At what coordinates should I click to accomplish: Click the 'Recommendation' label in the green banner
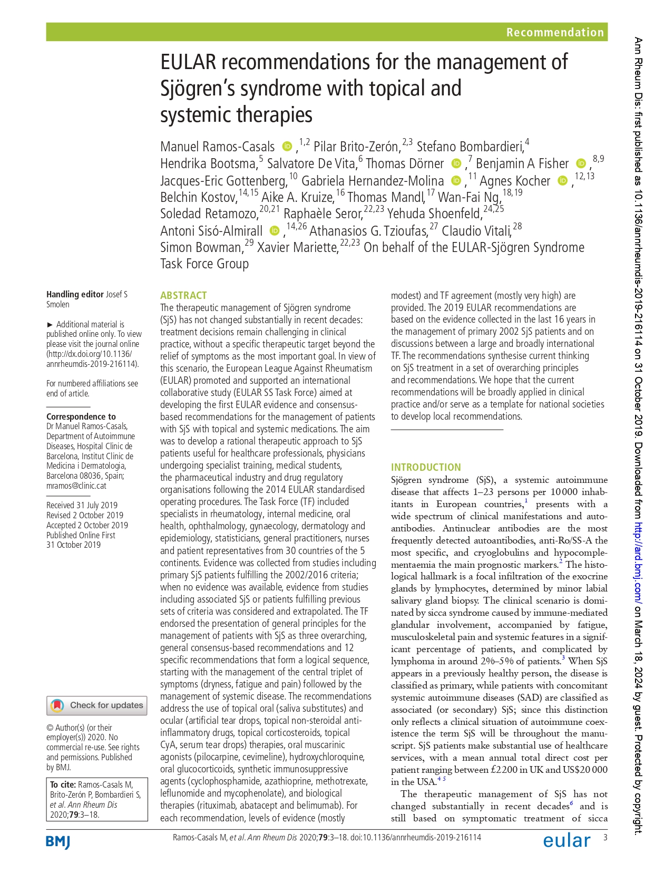(x=554, y=32)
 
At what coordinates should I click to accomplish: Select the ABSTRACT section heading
(x=183, y=295)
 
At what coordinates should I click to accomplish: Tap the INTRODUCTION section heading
(x=425, y=467)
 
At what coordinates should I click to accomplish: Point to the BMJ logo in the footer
(x=58, y=841)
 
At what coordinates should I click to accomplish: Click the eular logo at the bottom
(x=567, y=840)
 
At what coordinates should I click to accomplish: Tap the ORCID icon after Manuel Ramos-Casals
(x=287, y=146)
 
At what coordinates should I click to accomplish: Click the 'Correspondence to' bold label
(x=81, y=416)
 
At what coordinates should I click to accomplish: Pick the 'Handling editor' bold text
(x=75, y=294)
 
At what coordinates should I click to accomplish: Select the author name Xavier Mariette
(x=297, y=247)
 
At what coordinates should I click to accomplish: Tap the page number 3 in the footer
(x=605, y=837)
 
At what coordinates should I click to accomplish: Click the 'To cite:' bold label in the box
(x=63, y=784)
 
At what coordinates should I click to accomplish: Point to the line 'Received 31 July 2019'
(x=82, y=505)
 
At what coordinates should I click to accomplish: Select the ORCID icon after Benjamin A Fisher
(x=581, y=163)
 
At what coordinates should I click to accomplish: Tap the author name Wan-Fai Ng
(x=468, y=197)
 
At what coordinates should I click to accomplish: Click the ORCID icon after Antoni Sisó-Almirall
(x=274, y=230)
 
